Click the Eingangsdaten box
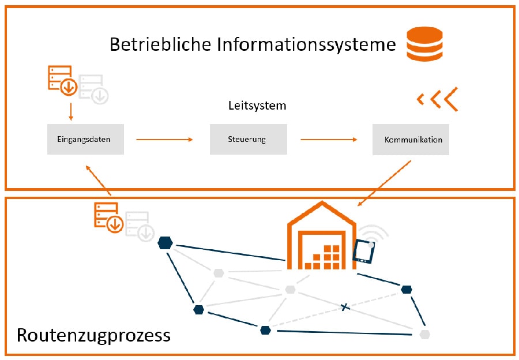[x=85, y=139]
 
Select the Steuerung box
[x=248, y=139]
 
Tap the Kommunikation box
[x=411, y=139]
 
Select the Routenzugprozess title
[x=94, y=335]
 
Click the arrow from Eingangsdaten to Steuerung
[x=164, y=140]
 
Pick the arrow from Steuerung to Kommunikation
[x=329, y=140]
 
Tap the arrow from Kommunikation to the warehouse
[x=385, y=183]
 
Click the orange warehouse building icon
[x=322, y=238]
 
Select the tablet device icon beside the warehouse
[x=365, y=252]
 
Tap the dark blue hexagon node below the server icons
[x=165, y=243]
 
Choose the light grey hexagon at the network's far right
[x=425, y=334]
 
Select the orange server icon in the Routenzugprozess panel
[x=108, y=217]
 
